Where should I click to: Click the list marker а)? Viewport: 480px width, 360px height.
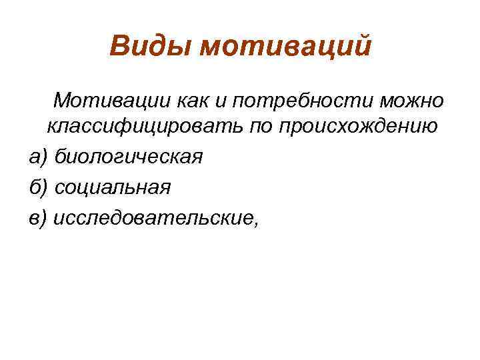click(x=39, y=157)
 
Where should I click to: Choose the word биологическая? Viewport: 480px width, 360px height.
click(x=128, y=157)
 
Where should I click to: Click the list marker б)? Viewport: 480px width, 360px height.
click(x=39, y=187)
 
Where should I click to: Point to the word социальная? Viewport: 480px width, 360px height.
click(x=113, y=187)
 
